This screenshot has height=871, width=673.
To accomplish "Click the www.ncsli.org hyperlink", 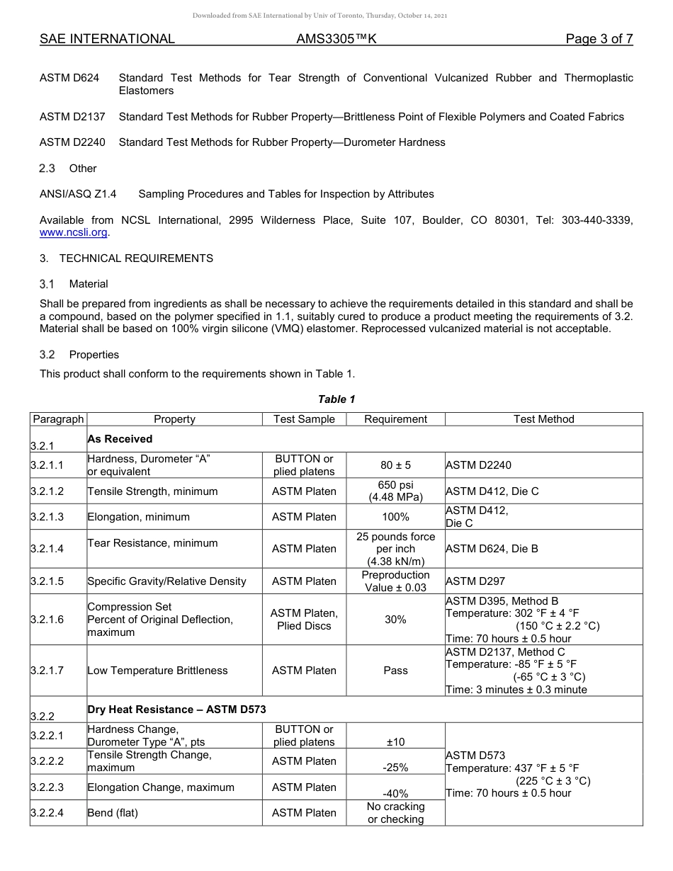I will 73,232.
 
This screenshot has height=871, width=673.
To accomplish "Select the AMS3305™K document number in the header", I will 336,39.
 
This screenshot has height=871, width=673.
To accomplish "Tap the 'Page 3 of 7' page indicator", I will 599,39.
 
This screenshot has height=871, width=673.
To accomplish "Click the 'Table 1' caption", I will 336,399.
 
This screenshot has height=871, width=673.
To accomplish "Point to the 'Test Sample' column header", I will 304,419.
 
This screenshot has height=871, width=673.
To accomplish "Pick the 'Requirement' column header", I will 395,419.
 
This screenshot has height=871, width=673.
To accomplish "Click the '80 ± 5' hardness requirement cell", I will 395,465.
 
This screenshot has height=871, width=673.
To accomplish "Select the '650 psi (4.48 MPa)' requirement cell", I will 395,491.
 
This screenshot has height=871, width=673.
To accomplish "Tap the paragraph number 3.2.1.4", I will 47,549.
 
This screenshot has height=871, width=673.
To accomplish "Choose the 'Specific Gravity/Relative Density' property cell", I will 166,581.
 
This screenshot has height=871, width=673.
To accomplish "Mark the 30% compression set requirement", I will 395,620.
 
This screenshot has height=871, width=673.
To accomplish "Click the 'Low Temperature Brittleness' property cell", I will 157,671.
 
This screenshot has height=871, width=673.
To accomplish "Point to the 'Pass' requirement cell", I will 395,671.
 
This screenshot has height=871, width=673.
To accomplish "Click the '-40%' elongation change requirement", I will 395,794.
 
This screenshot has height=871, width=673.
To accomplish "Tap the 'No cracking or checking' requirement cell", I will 395,813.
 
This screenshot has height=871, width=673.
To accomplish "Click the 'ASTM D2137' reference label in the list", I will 72,117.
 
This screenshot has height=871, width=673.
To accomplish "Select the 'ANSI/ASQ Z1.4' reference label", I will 78,194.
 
